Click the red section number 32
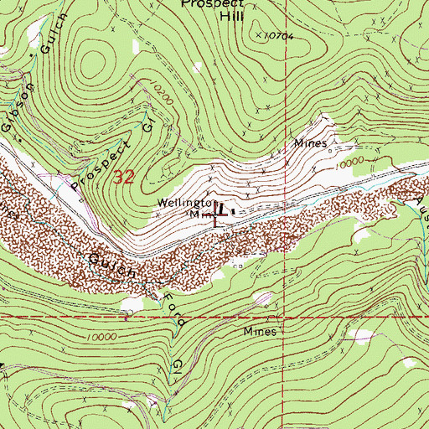point(123,177)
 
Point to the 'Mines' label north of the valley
point(309,143)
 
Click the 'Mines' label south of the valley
point(260,331)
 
